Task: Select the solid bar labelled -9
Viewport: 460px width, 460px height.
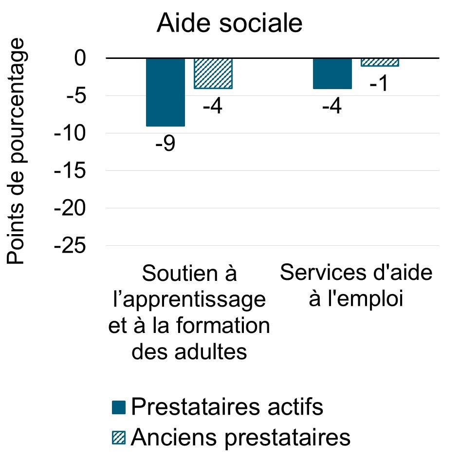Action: pos(166,92)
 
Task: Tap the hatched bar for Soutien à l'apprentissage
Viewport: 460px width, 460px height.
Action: pos(213,74)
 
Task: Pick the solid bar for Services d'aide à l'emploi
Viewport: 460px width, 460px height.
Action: pos(332,74)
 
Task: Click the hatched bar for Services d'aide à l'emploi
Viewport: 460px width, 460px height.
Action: pos(380,62)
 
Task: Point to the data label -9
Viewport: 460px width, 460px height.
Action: pos(166,145)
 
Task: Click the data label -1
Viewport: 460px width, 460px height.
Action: pos(378,84)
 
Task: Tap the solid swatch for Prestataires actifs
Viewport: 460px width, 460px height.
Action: pos(118,407)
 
